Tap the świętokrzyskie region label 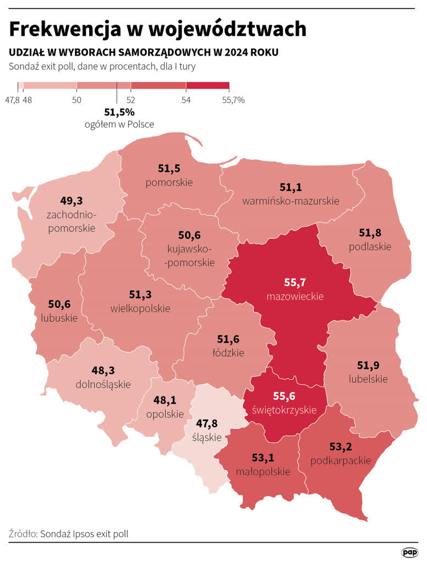284,410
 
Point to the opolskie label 165,415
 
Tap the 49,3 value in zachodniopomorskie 72,200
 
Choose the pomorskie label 169,182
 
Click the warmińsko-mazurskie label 291,201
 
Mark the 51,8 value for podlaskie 370,233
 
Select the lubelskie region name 368,379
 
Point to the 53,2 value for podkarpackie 341,446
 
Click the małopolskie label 262,471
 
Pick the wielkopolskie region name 140,308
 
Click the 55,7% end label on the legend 233,100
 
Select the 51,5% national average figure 119,112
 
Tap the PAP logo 409,552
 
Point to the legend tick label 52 131,100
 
